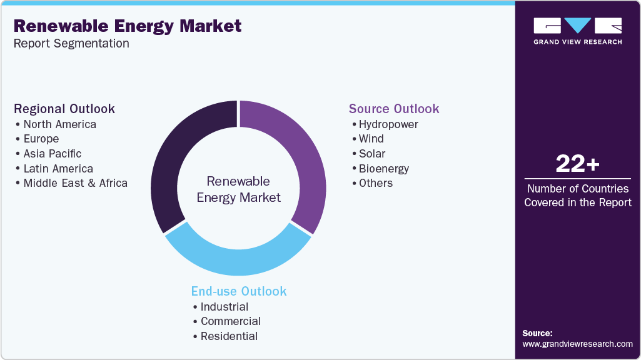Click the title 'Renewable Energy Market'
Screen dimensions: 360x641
point(128,26)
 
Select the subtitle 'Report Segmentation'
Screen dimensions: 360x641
point(71,44)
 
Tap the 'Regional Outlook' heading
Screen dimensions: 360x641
point(64,109)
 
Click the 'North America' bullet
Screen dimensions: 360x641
point(59,124)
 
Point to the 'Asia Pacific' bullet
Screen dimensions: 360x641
point(52,154)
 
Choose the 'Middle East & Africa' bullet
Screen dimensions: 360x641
point(75,183)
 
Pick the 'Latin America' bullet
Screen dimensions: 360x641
point(58,169)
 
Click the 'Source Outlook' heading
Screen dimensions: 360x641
point(394,109)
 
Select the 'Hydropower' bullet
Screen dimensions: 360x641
point(388,124)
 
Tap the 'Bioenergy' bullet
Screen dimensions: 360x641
point(383,169)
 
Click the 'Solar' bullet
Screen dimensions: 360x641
point(371,154)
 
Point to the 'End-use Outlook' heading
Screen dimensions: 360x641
point(239,291)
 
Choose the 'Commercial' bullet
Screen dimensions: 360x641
point(230,321)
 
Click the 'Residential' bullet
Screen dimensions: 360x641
point(229,336)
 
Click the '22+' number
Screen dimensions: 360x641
point(577,164)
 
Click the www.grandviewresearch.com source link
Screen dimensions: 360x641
point(577,344)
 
